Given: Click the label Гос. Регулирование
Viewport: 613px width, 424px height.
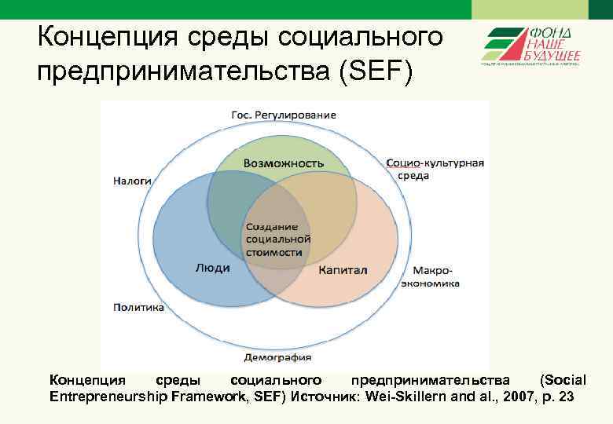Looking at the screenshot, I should click(x=283, y=115).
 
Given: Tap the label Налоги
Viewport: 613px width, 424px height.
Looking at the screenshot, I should click(x=132, y=180).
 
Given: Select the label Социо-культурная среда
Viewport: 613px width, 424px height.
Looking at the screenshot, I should click(x=435, y=169).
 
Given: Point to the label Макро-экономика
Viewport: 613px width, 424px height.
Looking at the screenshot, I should click(x=430, y=277).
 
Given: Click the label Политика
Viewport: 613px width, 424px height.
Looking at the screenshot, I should click(x=138, y=308).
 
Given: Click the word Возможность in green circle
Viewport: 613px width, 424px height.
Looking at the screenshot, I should click(x=283, y=163).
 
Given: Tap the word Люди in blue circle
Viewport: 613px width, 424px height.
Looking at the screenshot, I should click(x=212, y=268).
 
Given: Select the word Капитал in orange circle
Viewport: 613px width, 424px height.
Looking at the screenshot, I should click(x=343, y=270).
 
